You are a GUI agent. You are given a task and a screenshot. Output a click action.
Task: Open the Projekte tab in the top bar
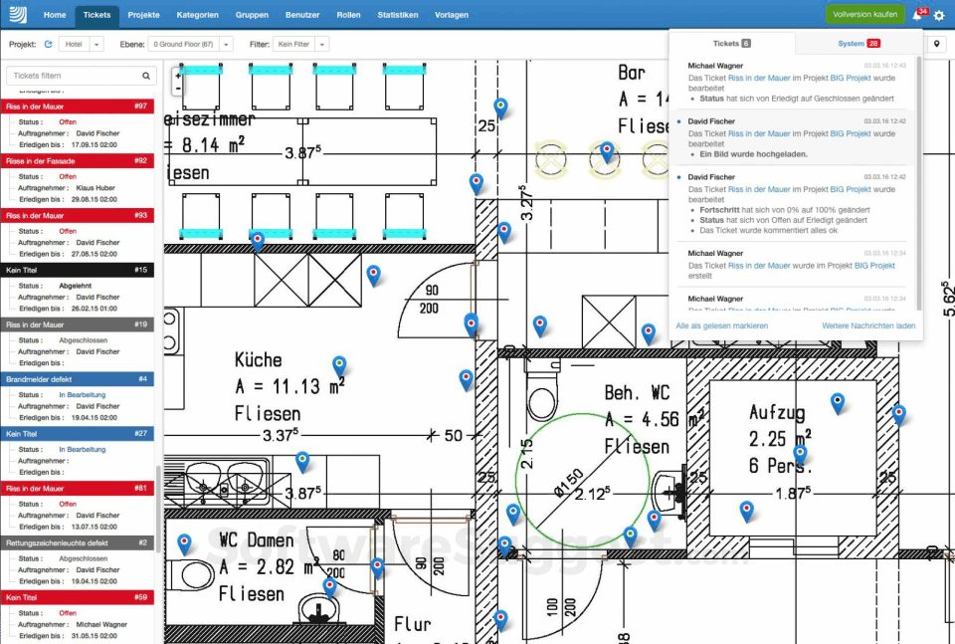[143, 15]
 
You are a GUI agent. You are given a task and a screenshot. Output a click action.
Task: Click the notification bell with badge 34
[917, 15]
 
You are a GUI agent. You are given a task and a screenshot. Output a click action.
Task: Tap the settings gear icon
[939, 16]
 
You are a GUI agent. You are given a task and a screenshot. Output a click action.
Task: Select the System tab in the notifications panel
[858, 44]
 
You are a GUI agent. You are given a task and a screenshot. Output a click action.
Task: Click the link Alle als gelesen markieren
[721, 325]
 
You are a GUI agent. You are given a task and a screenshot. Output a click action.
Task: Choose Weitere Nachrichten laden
[868, 325]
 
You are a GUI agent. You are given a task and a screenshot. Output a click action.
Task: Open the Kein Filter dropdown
[301, 45]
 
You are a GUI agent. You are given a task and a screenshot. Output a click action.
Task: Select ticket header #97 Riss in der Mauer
[77, 106]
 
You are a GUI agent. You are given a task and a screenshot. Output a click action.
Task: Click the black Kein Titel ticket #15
[77, 270]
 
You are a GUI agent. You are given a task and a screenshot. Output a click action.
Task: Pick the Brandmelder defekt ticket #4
[77, 379]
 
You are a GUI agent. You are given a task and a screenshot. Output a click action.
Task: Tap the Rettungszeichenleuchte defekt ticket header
[77, 542]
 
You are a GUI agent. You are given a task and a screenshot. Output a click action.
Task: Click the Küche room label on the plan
[259, 359]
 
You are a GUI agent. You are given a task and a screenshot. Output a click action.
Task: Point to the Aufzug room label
[779, 412]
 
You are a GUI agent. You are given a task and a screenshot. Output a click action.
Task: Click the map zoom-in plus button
[178, 75]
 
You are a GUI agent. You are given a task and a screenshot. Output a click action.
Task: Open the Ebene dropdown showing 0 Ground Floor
[190, 45]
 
